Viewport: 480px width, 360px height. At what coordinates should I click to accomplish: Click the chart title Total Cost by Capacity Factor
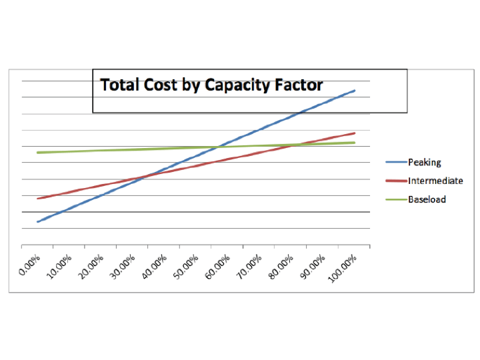pos(211,85)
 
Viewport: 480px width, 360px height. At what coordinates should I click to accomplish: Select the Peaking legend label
pos(424,162)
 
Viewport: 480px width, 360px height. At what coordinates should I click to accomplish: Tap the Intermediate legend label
pos(435,181)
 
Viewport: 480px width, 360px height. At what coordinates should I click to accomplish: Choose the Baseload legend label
pos(427,199)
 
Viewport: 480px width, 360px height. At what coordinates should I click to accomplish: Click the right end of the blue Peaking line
pos(355,91)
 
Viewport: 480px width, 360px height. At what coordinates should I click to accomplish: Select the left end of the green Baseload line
pos(37,153)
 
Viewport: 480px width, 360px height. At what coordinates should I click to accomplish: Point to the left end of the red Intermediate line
pos(37,199)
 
